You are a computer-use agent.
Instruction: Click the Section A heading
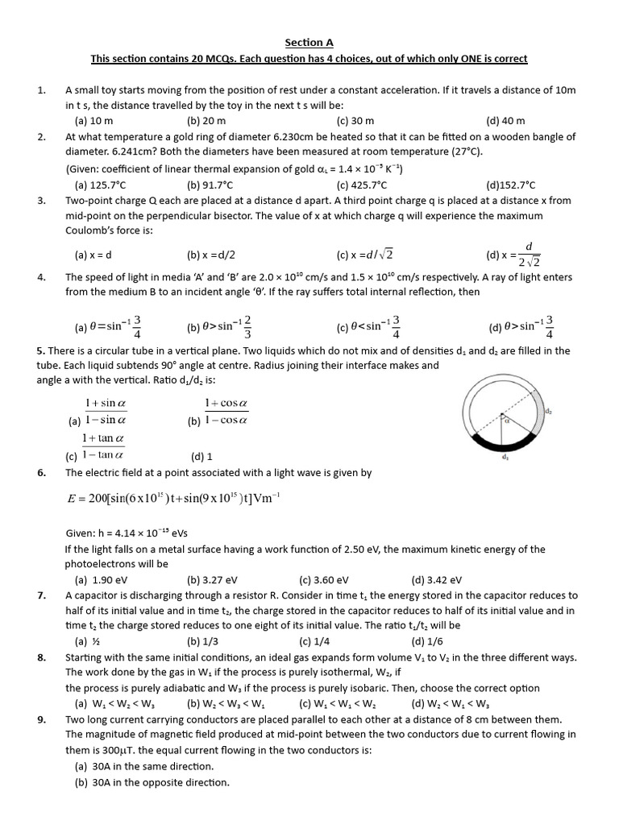pyautogui.click(x=309, y=43)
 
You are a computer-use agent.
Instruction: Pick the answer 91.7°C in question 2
pyautogui.click(x=210, y=184)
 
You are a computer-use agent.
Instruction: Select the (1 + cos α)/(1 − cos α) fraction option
pyautogui.click(x=225, y=411)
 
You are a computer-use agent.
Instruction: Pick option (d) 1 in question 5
pyautogui.click(x=201, y=456)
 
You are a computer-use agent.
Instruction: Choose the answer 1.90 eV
pyautogui.click(x=101, y=579)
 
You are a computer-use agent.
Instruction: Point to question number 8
pyautogui.click(x=41, y=657)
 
